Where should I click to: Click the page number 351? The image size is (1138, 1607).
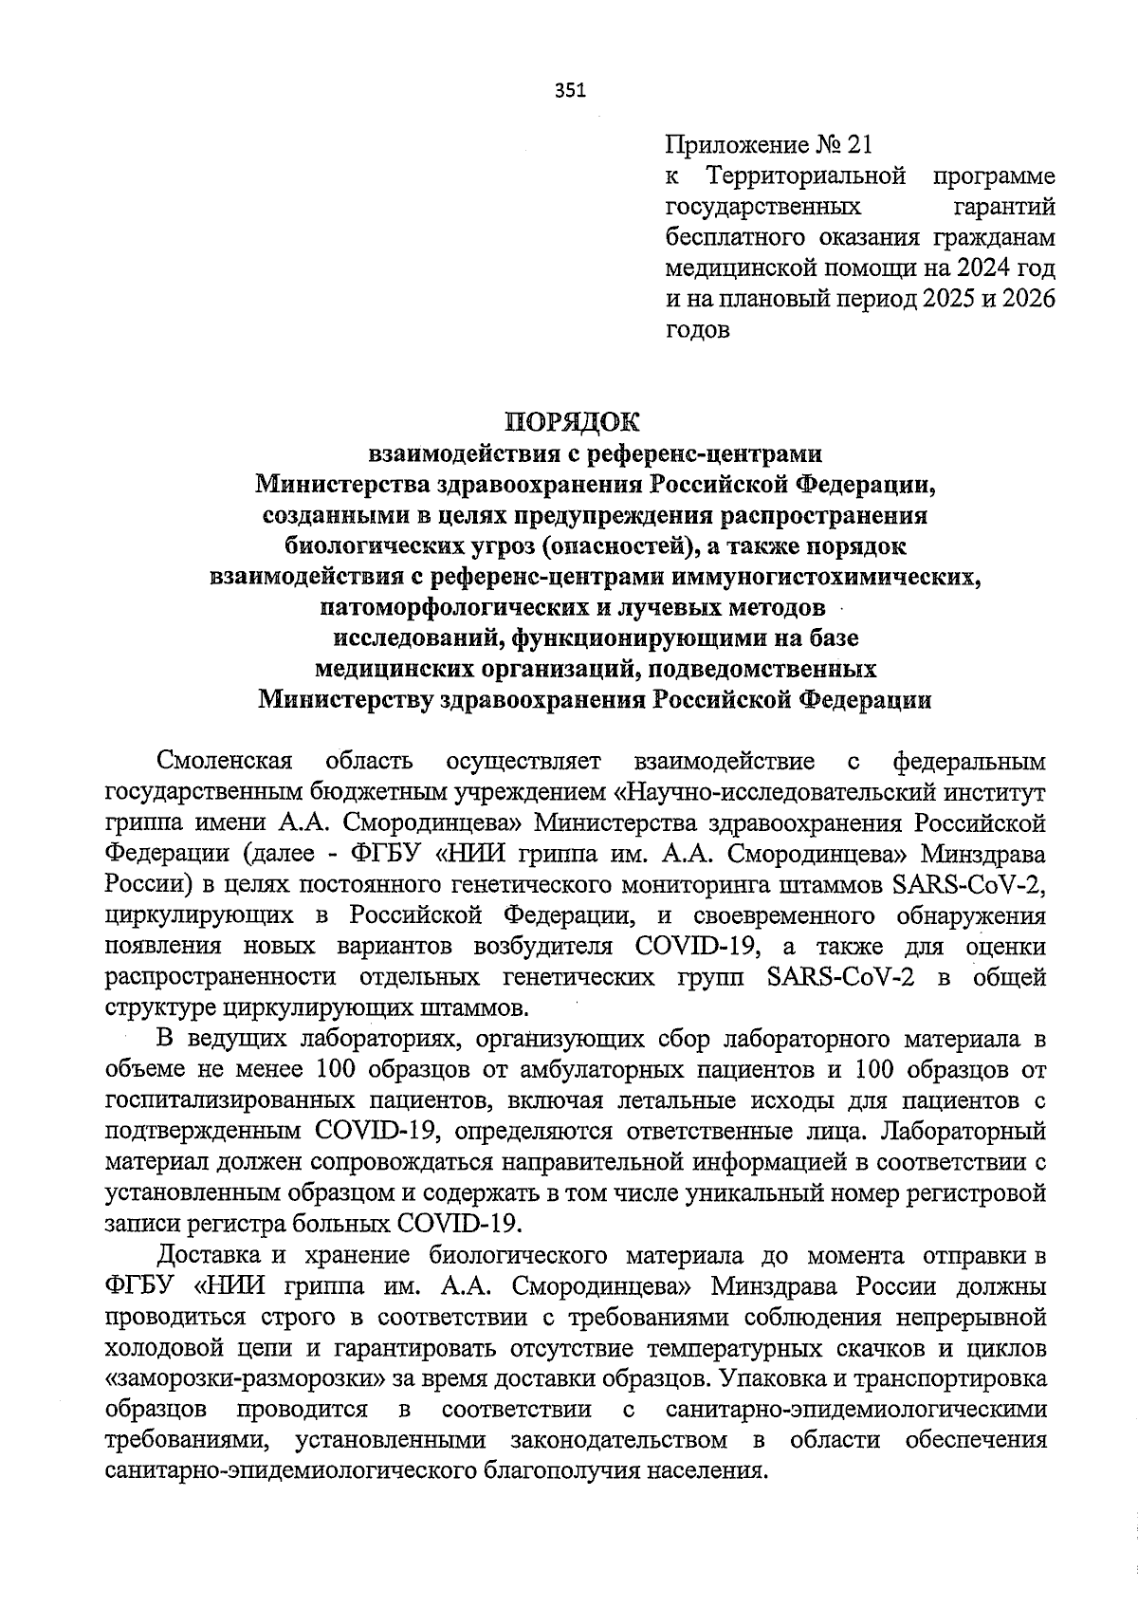570,91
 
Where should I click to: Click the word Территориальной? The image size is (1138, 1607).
806,175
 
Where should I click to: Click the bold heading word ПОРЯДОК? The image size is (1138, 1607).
572,420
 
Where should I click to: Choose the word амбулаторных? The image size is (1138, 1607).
601,1070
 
